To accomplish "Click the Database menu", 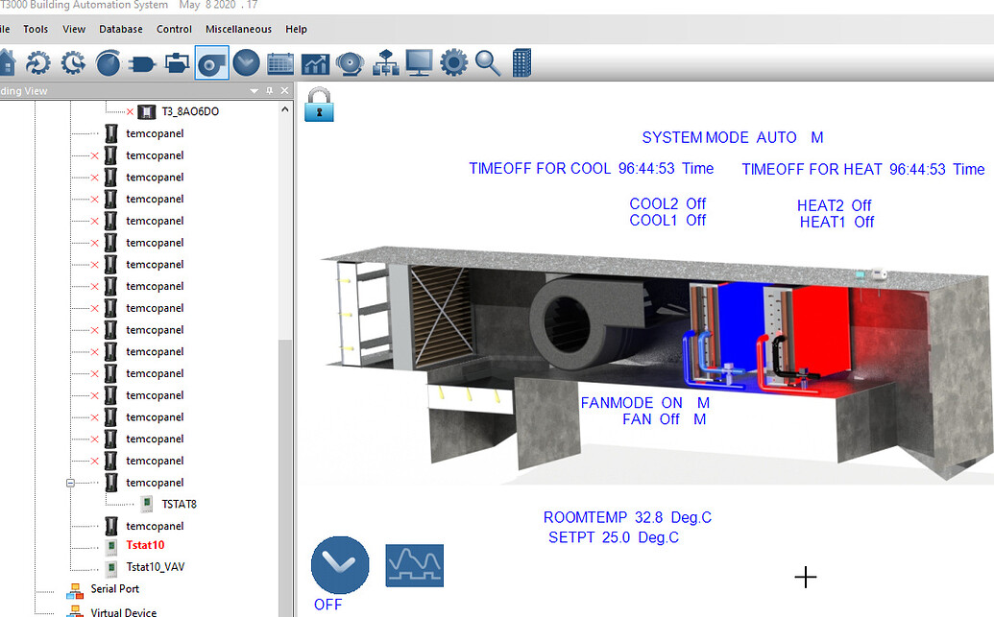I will pos(121,29).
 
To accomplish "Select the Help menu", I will pos(297,29).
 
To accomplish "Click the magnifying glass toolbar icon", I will pos(488,63).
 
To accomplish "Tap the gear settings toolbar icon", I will pos(453,63).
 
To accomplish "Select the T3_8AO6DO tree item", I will pos(190,111).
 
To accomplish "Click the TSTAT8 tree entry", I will pos(180,504).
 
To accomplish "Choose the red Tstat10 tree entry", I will pos(145,545).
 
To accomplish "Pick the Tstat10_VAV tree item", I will pos(155,567).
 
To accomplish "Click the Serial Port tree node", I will pos(114,589).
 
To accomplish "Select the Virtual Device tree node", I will pos(123,612).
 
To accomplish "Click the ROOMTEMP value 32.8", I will pos(648,517).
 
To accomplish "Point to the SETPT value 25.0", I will pos(616,537).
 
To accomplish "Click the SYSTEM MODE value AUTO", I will pos(776,137).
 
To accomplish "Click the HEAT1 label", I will pos(823,222).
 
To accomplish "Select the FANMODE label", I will pos(617,403).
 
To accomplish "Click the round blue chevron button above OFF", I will pos(340,565).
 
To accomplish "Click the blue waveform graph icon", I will pos(414,565).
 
